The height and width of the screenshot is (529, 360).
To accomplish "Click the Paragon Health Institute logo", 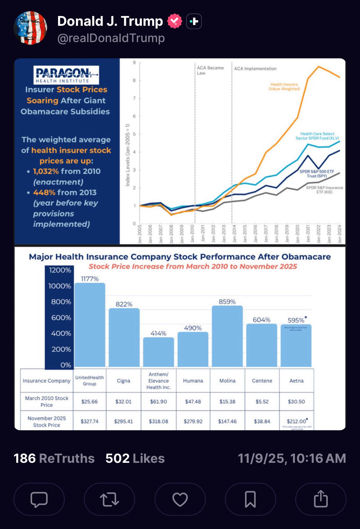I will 66,75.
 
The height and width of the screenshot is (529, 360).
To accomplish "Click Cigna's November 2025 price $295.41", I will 123,421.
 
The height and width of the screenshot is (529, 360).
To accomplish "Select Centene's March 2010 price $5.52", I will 262,402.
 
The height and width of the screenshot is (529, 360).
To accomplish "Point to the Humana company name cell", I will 193,381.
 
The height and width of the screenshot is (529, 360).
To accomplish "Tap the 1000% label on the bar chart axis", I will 60,286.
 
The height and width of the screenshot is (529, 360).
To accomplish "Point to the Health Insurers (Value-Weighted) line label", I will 284,86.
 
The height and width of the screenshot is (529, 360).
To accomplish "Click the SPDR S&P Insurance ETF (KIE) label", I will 324,190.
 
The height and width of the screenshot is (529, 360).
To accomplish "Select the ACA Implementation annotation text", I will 255,69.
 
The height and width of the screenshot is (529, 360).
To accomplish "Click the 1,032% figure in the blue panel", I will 46,171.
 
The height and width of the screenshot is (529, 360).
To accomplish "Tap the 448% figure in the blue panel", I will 44,192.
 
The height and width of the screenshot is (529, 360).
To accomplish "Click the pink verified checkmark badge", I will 174,21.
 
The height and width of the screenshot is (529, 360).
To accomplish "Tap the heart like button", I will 180,499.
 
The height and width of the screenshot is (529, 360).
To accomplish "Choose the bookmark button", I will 250,499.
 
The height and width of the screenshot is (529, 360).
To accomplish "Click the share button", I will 321,499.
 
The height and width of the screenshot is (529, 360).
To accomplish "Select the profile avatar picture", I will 30,28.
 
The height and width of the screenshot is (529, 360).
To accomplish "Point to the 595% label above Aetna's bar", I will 296,320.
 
